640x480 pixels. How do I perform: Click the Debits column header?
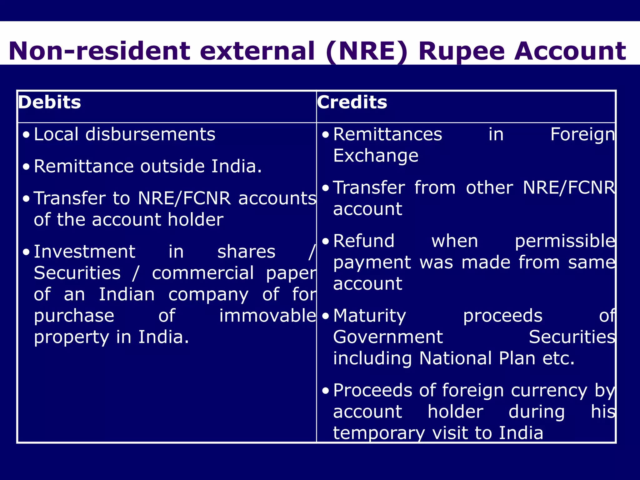[50, 102]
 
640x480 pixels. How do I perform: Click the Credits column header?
[352, 102]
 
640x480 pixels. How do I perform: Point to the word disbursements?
[150, 134]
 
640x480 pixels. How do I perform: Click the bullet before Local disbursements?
[27, 135]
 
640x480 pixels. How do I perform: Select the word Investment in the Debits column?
[84, 252]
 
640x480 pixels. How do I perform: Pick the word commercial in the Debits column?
[203, 273]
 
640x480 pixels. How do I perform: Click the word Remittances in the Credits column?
[387, 134]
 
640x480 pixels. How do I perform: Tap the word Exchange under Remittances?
[376, 156]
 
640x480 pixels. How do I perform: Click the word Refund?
[364, 241]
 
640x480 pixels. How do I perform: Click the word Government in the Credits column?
[388, 337]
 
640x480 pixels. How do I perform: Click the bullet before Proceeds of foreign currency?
[326, 391]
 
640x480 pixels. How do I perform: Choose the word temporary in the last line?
[379, 433]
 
